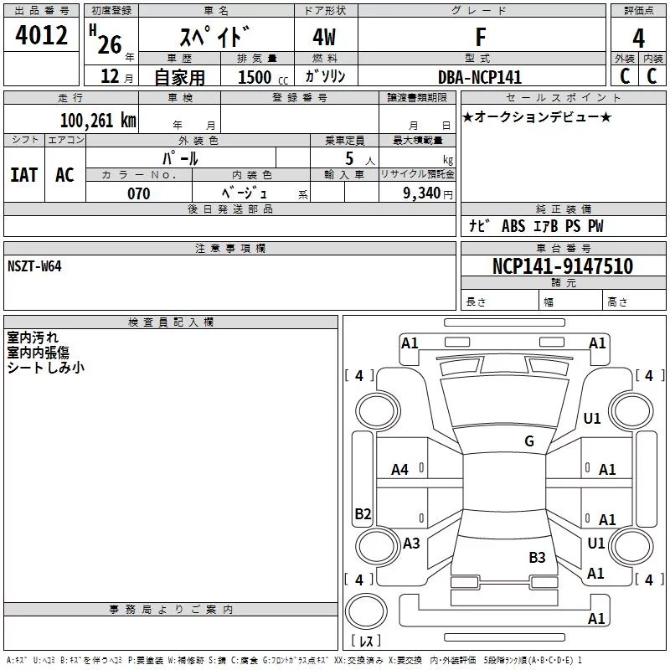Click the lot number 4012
point(41,35)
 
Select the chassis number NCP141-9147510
point(563,265)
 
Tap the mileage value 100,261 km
point(98,120)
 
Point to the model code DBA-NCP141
point(480,77)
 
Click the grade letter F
point(481,37)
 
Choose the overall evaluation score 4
point(638,39)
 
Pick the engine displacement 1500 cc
point(263,77)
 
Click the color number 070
point(139,193)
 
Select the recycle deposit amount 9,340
point(421,193)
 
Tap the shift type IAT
point(24,175)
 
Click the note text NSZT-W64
point(34,266)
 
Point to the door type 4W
point(324,37)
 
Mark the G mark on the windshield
point(529,441)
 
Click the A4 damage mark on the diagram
point(399,470)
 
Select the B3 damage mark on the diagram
point(537,557)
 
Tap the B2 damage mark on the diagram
point(363,513)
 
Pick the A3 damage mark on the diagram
point(411,543)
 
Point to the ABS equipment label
point(513,226)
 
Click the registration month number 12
point(110,76)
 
